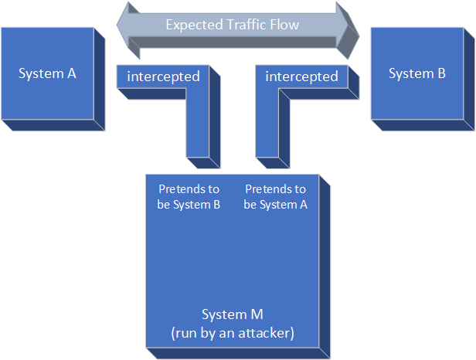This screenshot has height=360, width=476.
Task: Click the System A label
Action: pos(48,73)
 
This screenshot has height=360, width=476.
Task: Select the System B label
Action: pos(417,73)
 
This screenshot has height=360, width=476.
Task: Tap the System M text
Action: pos(233,314)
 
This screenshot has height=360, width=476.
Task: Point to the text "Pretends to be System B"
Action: pos(189,197)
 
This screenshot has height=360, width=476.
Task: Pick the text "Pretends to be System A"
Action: pos(275,197)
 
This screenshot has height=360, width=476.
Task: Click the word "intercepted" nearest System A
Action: pos(163,76)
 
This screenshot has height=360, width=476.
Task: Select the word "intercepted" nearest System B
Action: pos(301,76)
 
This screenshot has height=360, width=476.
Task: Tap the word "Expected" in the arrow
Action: pos(191,25)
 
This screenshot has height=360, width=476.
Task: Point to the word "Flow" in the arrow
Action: pos(281,25)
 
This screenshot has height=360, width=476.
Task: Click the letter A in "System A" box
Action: pos(72,73)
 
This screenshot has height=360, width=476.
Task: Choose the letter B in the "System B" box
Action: pos(441,73)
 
